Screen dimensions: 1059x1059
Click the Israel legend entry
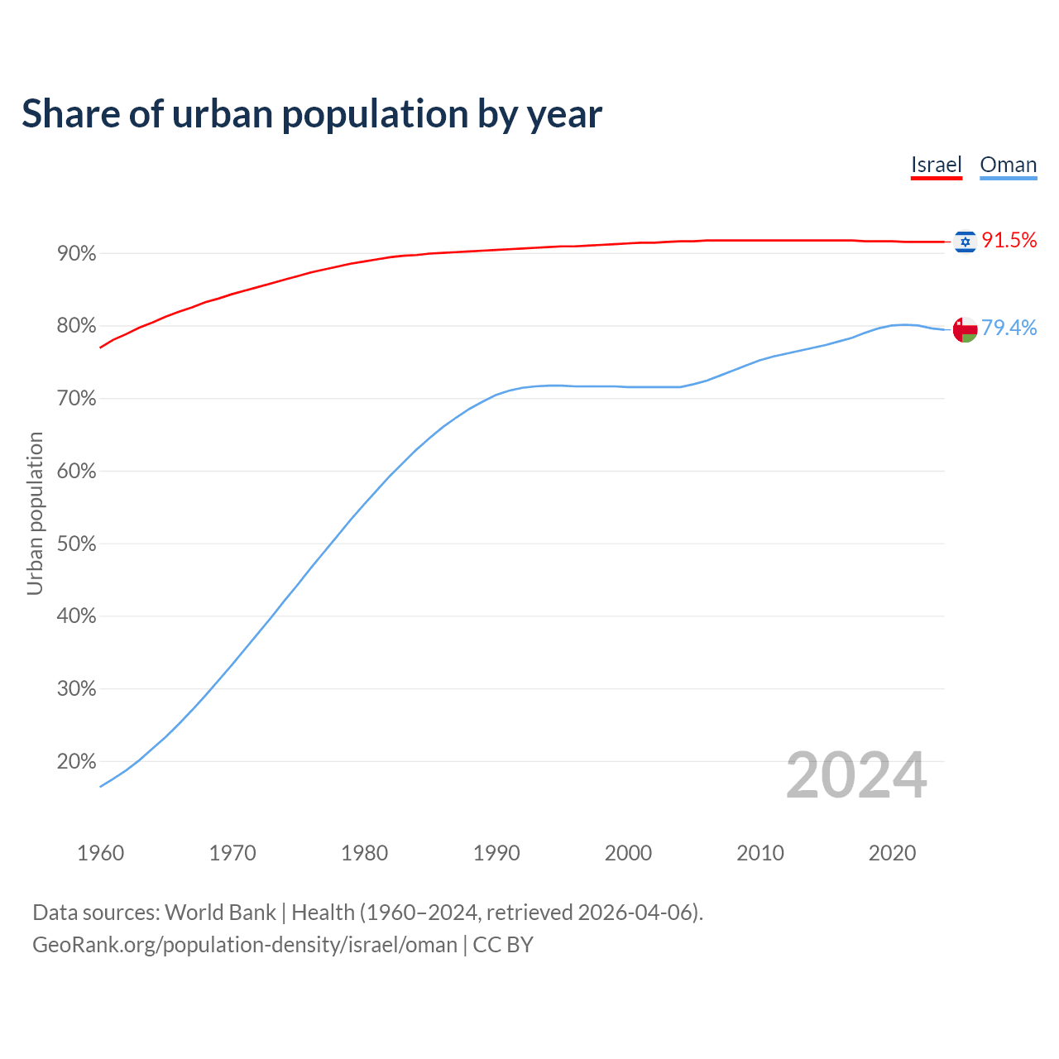coord(936,165)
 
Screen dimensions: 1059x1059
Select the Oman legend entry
coord(1008,165)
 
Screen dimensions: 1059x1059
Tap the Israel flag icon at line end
coord(965,241)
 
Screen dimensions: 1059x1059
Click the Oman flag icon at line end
coord(965,328)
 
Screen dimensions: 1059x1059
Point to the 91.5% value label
coord(1009,241)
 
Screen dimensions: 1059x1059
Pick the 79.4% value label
coord(1009,328)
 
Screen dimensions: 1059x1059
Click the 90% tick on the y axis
coord(76,254)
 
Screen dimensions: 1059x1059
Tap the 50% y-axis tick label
coord(76,544)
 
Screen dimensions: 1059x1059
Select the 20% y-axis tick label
coord(76,762)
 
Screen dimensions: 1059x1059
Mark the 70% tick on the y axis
coord(76,399)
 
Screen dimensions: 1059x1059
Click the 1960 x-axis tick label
coord(100,853)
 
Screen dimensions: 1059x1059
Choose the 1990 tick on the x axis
coord(496,853)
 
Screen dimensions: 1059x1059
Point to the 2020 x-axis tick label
coord(892,853)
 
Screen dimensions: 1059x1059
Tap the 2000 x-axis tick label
coord(628,853)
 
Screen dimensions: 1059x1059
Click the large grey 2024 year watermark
coord(855,775)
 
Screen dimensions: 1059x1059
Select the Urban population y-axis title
coord(35,513)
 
